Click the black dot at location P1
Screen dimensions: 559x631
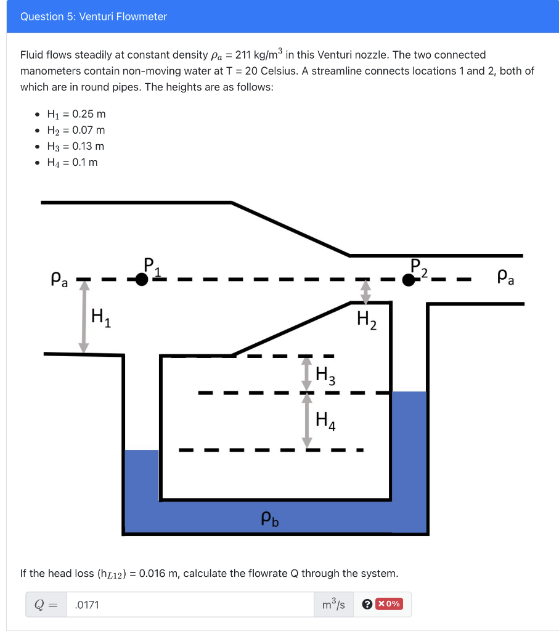[142, 280]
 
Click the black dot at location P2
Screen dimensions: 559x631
[408, 280]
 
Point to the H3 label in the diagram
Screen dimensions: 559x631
[325, 375]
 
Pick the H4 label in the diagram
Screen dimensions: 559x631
[325, 421]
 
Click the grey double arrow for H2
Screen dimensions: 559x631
[365, 292]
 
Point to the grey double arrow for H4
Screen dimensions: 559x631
[306, 420]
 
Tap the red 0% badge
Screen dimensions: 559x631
[390, 604]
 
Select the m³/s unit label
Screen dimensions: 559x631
[333, 605]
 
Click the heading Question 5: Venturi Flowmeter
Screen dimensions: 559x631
[94, 17]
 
